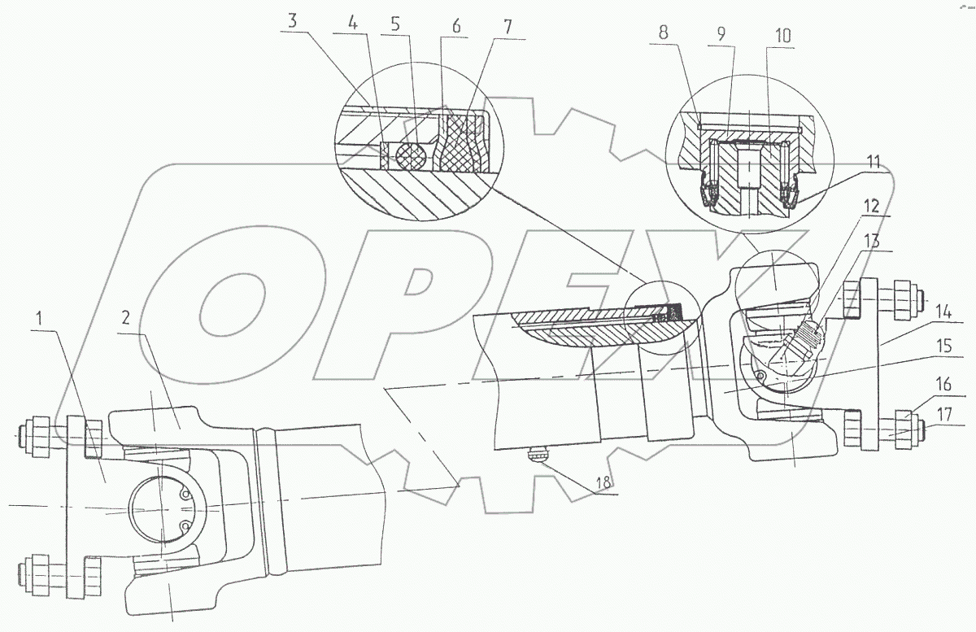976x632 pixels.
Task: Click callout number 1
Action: click(x=40, y=318)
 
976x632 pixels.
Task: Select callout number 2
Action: click(x=126, y=318)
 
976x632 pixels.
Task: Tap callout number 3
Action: click(x=292, y=20)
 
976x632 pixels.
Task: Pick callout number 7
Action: click(x=508, y=27)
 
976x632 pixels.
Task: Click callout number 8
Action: click(x=663, y=32)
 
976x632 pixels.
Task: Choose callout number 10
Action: click(x=783, y=36)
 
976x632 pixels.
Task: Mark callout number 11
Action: click(x=873, y=161)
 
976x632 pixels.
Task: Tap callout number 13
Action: click(x=872, y=241)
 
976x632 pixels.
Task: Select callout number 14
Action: click(x=943, y=312)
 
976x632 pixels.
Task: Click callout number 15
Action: click(x=944, y=346)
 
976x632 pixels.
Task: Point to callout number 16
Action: click(x=943, y=385)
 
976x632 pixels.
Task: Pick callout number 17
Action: click(x=944, y=414)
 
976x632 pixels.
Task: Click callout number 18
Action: click(x=603, y=482)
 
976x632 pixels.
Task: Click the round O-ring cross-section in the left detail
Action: click(x=410, y=155)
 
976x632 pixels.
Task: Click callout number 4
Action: click(x=353, y=24)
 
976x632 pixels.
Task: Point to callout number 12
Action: click(x=871, y=206)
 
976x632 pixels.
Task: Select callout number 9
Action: click(x=721, y=33)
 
